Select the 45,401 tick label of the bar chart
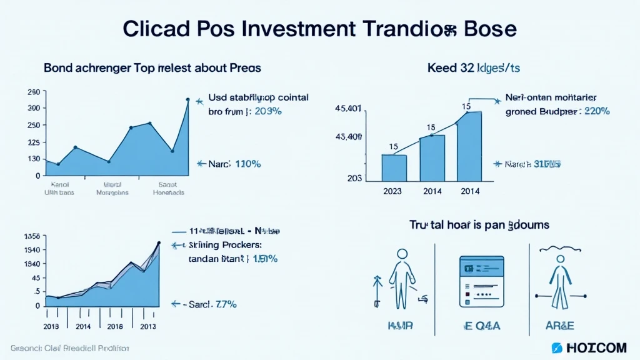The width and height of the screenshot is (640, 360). pos(348,109)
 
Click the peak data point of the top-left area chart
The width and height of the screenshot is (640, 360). pos(188,99)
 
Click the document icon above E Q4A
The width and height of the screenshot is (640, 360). pos(481,281)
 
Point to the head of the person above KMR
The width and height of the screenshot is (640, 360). pos(402,254)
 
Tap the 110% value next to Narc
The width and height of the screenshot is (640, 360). pos(247,164)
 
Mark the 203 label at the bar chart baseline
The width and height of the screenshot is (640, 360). pos(354,177)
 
